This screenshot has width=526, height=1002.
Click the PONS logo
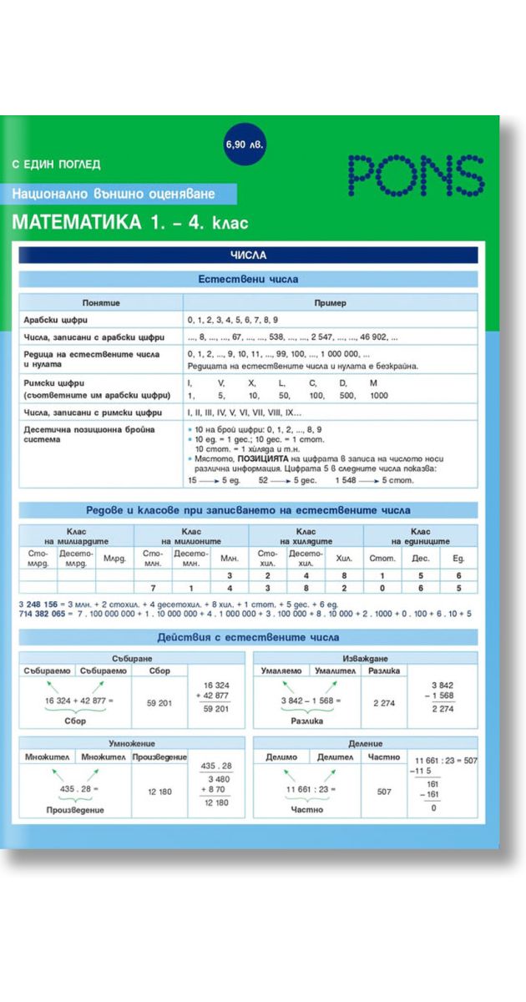click(x=415, y=174)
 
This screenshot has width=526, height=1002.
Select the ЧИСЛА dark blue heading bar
click(x=248, y=256)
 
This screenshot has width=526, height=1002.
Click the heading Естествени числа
click(x=248, y=280)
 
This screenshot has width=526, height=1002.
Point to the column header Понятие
click(x=101, y=302)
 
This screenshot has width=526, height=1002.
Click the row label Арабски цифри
click(x=62, y=320)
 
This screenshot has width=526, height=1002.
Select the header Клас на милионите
click(x=192, y=536)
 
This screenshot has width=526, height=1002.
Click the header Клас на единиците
click(x=421, y=536)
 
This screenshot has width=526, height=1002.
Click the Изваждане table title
click(x=365, y=658)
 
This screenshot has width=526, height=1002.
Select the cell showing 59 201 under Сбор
click(x=159, y=703)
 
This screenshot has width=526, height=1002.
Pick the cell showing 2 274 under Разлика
click(x=383, y=703)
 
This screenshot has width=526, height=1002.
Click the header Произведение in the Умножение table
click(x=159, y=757)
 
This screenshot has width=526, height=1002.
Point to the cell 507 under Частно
click(x=383, y=791)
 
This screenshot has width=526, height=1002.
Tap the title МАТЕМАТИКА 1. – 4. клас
click(x=129, y=223)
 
